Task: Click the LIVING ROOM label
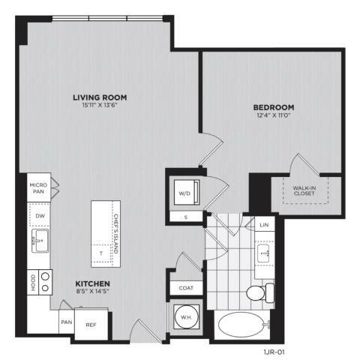pyautogui.click(x=100, y=97)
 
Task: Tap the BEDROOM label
pyautogui.click(x=274, y=107)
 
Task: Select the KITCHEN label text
pyautogui.click(x=93, y=283)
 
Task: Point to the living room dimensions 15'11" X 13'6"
pyautogui.click(x=100, y=105)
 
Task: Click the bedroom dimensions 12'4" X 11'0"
pyautogui.click(x=274, y=115)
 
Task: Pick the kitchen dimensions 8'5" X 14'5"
pyautogui.click(x=93, y=291)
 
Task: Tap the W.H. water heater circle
pyautogui.click(x=186, y=317)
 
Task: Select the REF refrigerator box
pyautogui.click(x=91, y=325)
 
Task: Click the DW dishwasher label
pyautogui.click(x=40, y=216)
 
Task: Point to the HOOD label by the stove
pyautogui.click(x=33, y=283)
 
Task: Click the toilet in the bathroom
pyautogui.click(x=260, y=292)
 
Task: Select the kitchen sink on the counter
pyautogui.click(x=40, y=241)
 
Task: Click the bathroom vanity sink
pyautogui.click(x=263, y=253)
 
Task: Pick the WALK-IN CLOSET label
pyautogui.click(x=304, y=190)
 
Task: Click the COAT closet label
pyautogui.click(x=186, y=288)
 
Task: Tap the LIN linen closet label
pyautogui.click(x=264, y=225)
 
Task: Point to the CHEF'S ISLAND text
pyautogui.click(x=115, y=234)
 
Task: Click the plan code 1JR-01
pyautogui.click(x=274, y=352)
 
